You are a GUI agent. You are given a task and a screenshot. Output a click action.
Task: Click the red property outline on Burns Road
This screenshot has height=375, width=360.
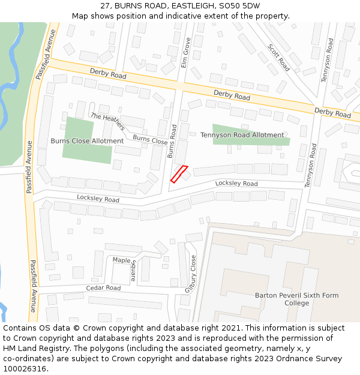[x=179, y=174]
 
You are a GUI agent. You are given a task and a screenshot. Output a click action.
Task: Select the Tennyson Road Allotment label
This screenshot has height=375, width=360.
[x=242, y=135]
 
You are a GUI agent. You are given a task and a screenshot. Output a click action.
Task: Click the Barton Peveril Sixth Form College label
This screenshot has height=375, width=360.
[x=296, y=299]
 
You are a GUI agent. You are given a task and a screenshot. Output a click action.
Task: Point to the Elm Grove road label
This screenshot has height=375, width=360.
[x=186, y=52]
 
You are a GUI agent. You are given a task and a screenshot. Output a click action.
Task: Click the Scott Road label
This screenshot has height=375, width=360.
[x=279, y=58]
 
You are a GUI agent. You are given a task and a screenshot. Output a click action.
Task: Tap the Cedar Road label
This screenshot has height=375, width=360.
[x=103, y=288]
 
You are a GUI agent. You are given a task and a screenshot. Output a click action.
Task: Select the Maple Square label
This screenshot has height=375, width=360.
[x=125, y=264]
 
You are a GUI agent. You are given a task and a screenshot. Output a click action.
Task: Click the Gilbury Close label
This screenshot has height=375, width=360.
[x=190, y=274]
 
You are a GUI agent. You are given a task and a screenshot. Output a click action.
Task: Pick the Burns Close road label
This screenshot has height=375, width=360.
[x=150, y=140]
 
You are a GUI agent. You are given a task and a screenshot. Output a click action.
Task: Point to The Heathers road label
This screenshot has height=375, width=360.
[x=107, y=121]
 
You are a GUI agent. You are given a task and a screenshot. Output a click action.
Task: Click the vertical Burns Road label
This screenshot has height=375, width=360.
[x=172, y=142]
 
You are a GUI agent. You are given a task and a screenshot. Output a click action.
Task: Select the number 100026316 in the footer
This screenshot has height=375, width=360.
[x=25, y=369]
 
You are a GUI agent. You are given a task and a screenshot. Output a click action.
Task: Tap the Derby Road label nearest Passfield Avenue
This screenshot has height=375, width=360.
[x=108, y=73]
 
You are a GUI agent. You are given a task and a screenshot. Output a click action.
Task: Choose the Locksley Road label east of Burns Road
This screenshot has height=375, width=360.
[x=236, y=184]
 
